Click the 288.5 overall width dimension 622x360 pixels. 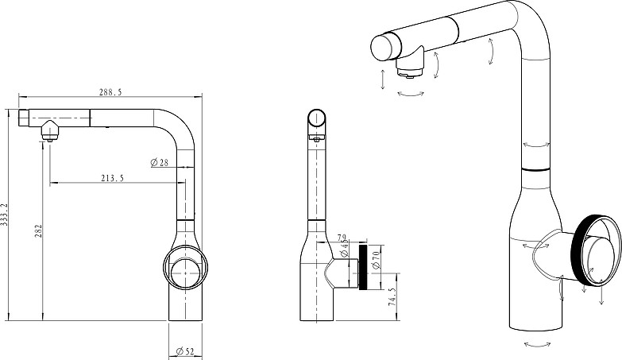coord(110,92)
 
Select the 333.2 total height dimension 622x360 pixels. coord(4,215)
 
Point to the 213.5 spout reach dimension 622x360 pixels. coord(112,178)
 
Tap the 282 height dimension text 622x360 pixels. coord(38,231)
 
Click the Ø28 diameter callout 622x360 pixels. coord(160,162)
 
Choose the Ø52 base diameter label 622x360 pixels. coord(184,351)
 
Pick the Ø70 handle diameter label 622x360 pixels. coord(377,257)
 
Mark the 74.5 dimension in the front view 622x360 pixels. coord(392,297)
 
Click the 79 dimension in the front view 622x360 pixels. coord(342,238)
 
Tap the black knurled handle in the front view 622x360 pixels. coord(362,267)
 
